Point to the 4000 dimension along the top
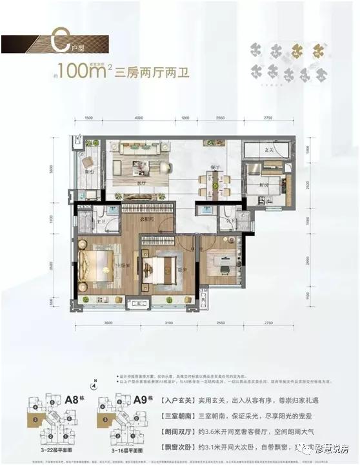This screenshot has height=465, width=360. click(139, 119)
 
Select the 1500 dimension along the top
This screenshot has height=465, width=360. click(89, 119)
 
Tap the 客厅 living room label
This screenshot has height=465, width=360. click(141, 183)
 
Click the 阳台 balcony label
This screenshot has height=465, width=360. click(89, 171)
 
